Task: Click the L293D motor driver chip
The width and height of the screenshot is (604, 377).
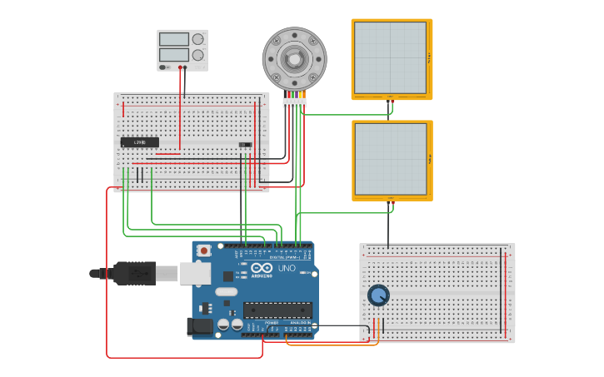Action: [139, 142]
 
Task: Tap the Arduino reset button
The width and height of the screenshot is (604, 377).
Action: [203, 250]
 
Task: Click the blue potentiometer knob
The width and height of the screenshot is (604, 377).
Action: [378, 295]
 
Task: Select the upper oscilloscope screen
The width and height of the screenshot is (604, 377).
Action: [390, 57]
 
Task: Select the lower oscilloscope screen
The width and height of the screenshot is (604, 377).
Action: [390, 159]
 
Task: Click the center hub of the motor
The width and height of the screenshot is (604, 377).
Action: [294, 58]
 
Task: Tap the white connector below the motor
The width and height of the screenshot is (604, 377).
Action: [294, 103]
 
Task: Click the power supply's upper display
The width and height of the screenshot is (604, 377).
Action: [173, 39]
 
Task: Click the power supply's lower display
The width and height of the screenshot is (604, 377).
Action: [173, 55]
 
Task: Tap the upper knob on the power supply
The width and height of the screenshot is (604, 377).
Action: [197, 39]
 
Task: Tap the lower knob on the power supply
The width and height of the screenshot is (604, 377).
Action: [197, 55]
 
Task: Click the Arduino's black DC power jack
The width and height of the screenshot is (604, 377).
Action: [200, 326]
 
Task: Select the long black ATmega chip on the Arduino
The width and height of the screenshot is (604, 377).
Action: [277, 310]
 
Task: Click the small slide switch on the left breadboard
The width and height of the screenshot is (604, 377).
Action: [245, 145]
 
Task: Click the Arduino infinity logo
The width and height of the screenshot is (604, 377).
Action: [262, 267]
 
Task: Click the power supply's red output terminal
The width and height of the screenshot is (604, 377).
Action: [179, 67]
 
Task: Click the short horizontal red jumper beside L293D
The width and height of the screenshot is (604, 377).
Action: [167, 153]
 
